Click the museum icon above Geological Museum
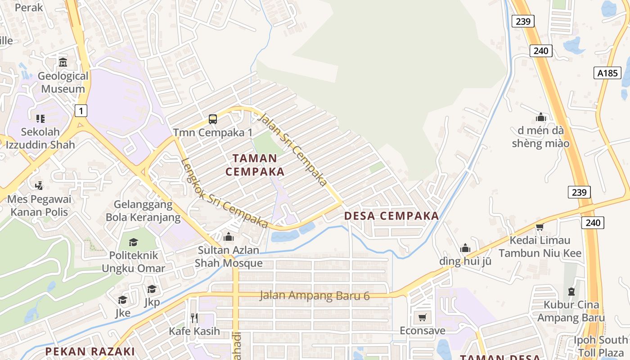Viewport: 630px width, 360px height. coord(63,62)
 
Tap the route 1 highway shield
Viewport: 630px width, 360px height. coord(81,110)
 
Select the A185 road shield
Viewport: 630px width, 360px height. coord(607,73)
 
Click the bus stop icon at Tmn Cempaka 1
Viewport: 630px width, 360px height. coord(213,119)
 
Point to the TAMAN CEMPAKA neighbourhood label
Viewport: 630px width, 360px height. coord(255,165)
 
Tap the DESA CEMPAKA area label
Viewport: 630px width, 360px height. coord(391,216)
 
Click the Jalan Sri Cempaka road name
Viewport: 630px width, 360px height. coord(292,149)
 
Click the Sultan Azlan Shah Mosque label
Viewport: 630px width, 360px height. coord(229,256)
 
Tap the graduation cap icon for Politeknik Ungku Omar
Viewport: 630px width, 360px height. coord(133,243)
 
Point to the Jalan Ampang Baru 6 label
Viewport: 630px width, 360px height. coord(315,296)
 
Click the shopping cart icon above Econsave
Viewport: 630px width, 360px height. coord(422,318)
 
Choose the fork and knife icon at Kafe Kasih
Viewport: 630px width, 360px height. coord(194,318)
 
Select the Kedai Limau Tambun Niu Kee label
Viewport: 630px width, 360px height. coord(540,247)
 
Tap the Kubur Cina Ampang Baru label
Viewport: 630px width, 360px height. coord(571,311)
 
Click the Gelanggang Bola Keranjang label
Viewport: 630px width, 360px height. coord(143,211)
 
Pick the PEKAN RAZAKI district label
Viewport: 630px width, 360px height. coord(90,351)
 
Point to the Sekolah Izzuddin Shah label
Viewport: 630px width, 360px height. coord(40,139)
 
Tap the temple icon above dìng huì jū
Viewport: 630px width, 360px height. coord(465,248)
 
